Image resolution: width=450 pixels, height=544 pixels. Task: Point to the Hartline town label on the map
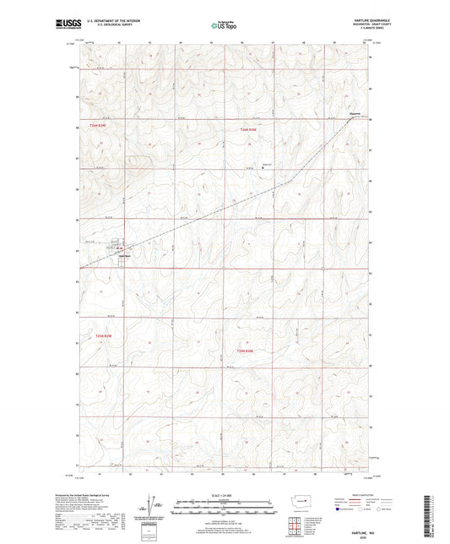click(x=124, y=256)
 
